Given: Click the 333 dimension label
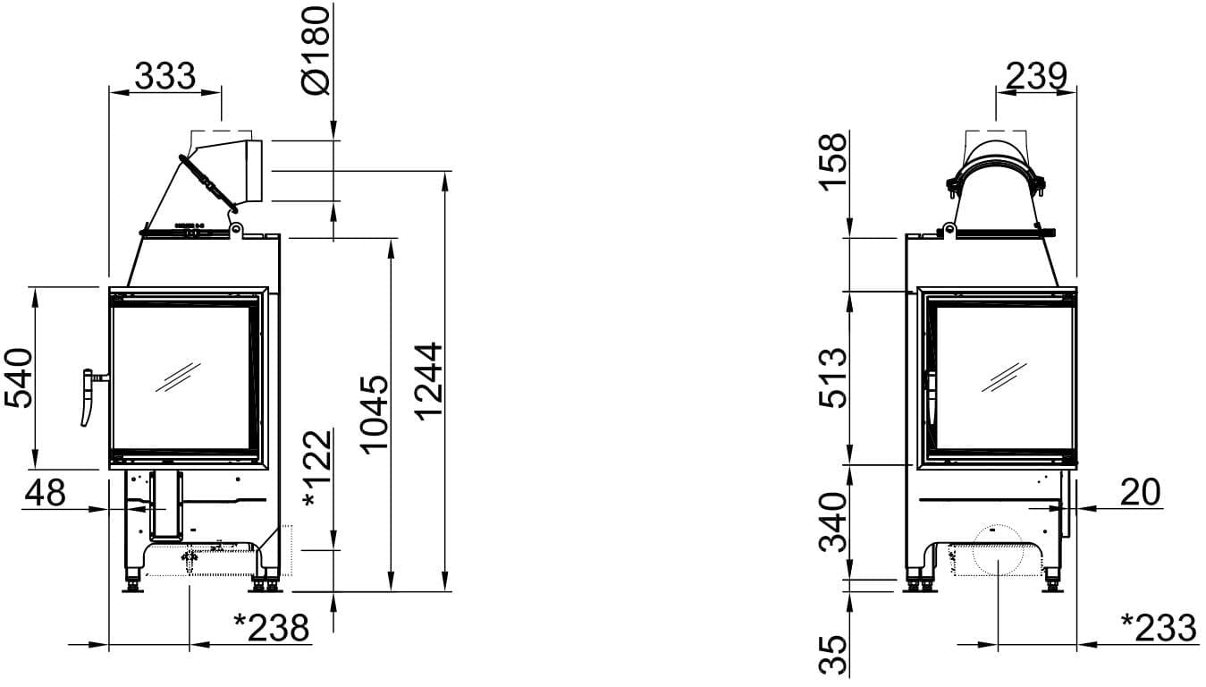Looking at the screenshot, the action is [164, 76].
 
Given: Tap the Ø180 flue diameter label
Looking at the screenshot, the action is [316, 51].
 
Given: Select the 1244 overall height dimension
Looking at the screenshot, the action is [429, 381].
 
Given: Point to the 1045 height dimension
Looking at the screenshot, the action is [375, 415].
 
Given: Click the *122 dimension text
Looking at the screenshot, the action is [317, 469].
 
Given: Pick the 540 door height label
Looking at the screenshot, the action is [18, 378].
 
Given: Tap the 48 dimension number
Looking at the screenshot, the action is [46, 492].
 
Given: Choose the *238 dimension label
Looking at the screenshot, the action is [272, 628].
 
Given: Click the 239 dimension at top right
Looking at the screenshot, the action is [1036, 76].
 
